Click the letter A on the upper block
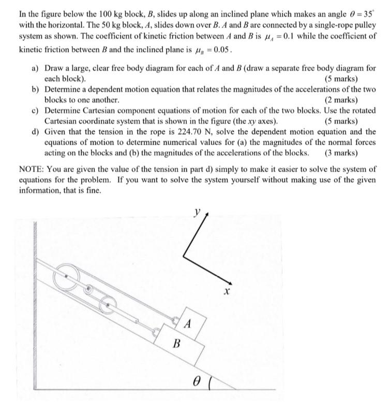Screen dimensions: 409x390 point(188,325)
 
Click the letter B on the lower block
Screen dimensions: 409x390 point(176,343)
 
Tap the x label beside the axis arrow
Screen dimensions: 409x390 point(226,292)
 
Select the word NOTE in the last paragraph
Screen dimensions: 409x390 point(30,169)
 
